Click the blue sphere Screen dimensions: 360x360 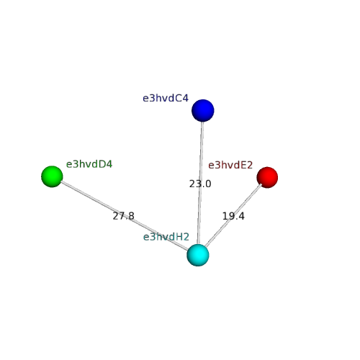coord(203,110)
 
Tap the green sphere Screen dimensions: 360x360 coord(52,176)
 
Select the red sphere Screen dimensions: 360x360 coord(267,177)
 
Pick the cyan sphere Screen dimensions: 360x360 coord(198,255)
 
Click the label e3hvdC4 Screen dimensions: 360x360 coord(166,98)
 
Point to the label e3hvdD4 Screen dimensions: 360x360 coord(89,164)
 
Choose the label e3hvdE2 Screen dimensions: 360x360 coord(230,165)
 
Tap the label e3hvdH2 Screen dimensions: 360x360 coord(166,237)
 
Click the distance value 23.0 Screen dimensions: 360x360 coord(200,184)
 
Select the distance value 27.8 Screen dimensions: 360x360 coord(123,216)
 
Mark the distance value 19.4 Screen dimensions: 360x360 coord(233,216)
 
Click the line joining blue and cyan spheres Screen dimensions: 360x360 coord(200,183)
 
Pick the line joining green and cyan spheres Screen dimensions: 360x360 coord(125,215)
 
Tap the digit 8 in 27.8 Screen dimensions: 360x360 coord(131,216)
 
